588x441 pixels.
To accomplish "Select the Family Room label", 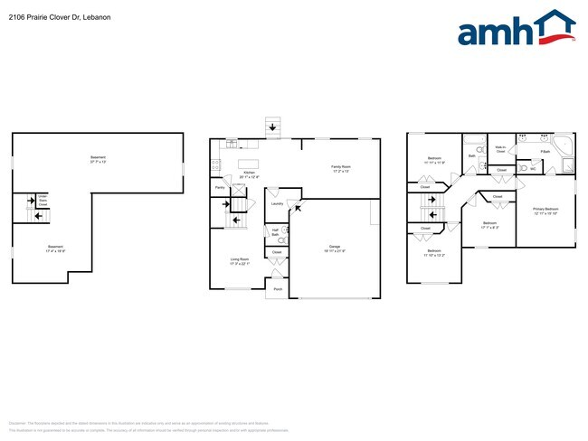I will [341, 168].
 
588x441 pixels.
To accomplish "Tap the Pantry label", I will [220, 188].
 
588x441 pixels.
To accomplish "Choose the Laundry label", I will [277, 204].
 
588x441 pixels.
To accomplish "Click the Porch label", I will [278, 290].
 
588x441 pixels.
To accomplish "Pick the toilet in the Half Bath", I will [283, 231].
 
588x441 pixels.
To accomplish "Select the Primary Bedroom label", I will [545, 211].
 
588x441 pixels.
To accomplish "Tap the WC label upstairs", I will [534, 168].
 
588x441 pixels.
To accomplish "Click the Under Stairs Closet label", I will [43, 200].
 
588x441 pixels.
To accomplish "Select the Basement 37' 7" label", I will [98, 160].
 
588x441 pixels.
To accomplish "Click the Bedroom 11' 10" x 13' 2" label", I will [434, 253].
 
